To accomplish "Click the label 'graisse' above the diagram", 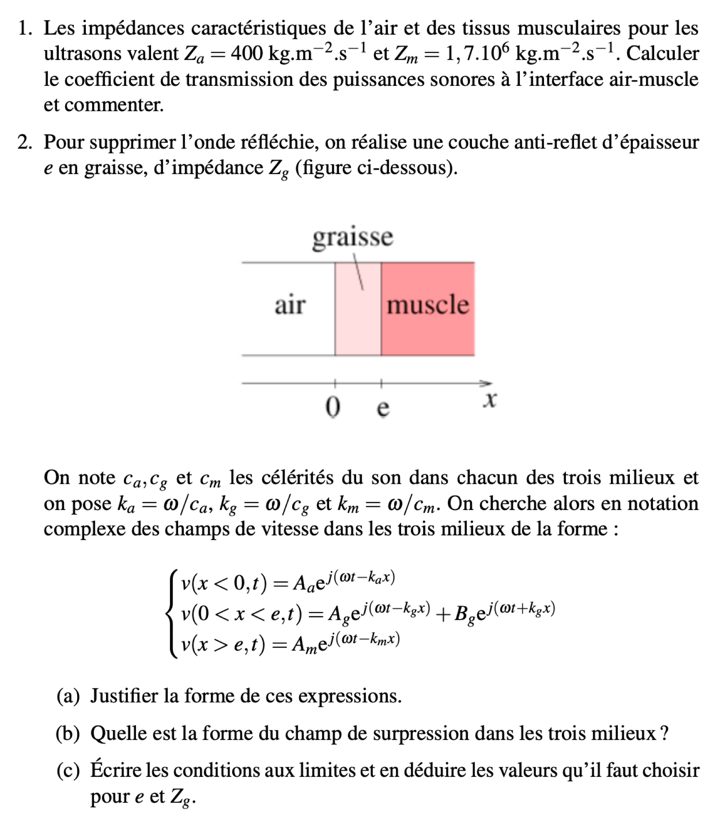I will coord(352,237).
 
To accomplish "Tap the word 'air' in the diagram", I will coord(290,305).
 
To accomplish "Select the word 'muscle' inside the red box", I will coord(428,305).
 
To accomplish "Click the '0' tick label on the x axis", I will coord(333,407).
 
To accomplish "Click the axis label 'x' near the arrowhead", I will coord(489,400).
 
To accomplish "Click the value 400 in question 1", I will coord(247,54).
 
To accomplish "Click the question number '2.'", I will coord(25,142).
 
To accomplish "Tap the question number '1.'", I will coord(25,29).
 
